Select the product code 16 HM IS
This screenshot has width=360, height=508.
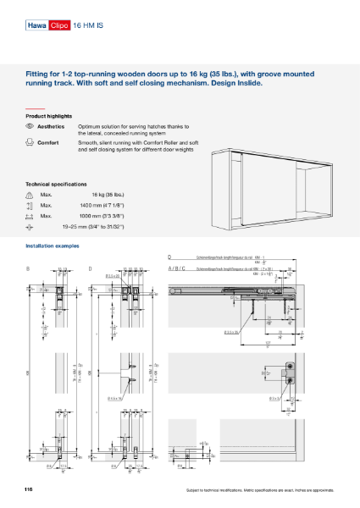pyautogui.click(x=88, y=26)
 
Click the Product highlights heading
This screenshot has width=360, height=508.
pyautogui.click(x=48, y=115)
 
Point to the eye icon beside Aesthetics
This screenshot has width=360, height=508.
pyautogui.click(x=30, y=125)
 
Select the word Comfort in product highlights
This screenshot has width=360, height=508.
pyautogui.click(x=49, y=143)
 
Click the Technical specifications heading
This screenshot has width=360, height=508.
pyautogui.click(x=56, y=184)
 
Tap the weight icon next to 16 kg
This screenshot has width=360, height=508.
pyautogui.click(x=30, y=195)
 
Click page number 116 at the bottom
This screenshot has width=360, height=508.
pyautogui.click(x=29, y=490)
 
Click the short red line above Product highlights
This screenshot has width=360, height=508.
pyautogui.click(x=34, y=109)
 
